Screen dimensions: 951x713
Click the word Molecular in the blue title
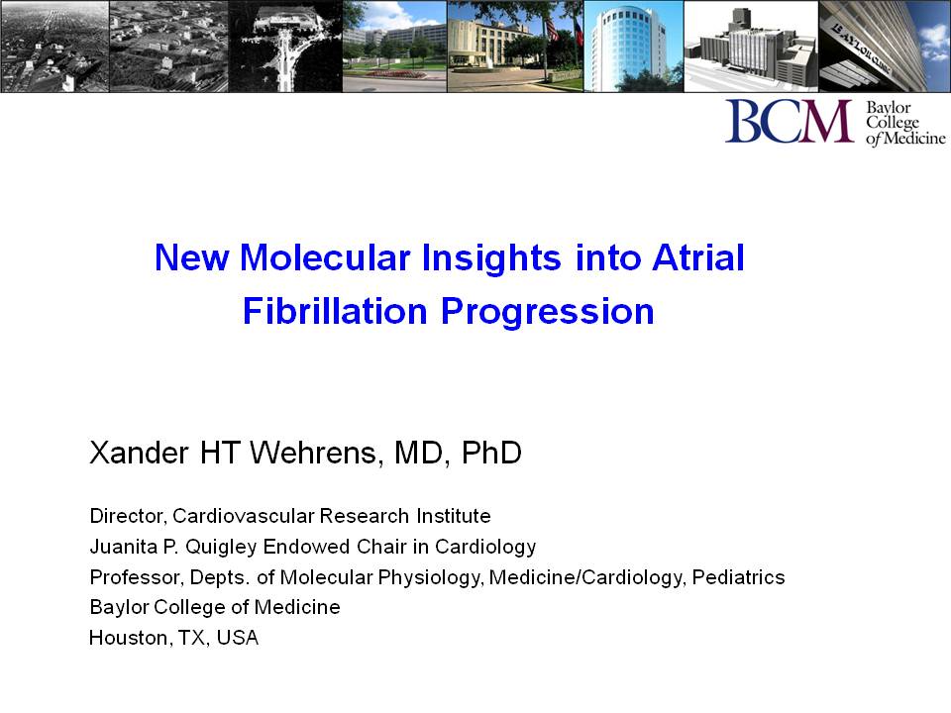point(325,257)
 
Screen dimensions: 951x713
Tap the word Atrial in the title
point(698,257)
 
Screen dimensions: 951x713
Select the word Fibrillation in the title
point(335,311)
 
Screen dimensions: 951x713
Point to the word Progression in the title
point(547,313)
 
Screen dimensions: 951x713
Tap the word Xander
point(139,453)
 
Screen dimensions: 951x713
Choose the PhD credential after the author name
point(491,453)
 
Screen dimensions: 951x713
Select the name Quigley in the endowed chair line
point(221,547)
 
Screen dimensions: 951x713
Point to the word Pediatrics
point(738,577)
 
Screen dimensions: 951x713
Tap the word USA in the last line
point(237,638)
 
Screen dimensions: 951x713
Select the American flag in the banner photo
point(552,28)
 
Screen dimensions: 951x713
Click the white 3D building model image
point(751,47)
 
